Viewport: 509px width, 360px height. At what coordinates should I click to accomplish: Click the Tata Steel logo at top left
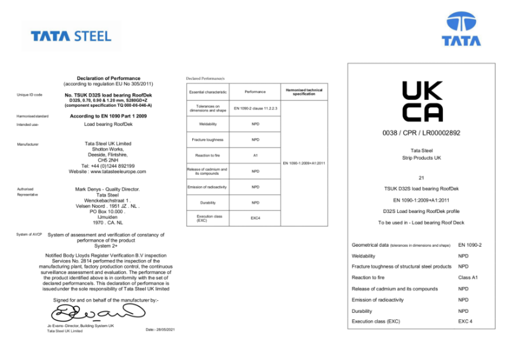71,36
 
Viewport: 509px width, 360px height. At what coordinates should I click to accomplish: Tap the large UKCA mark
421,102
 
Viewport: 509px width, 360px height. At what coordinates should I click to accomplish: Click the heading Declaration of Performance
108,78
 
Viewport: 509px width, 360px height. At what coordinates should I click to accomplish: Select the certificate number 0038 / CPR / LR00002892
421,134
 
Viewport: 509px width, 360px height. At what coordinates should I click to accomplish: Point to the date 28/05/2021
160,329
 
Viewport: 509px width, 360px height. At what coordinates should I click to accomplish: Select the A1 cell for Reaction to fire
255,155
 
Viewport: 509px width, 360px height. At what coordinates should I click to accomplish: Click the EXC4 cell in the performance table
255,218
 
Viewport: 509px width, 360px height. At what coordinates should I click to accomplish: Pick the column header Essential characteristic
208,93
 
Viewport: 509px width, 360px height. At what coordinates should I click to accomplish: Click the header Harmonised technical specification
304,92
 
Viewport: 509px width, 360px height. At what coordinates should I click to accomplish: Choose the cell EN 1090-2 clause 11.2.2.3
256,109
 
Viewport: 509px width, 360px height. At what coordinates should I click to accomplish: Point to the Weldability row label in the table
208,124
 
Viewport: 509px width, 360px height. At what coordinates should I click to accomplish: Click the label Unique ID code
30,95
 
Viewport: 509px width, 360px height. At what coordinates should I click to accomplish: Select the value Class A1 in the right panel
468,278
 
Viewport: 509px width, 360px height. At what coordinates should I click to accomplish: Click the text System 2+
108,246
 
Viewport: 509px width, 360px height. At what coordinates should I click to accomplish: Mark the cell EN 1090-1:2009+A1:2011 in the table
304,163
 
